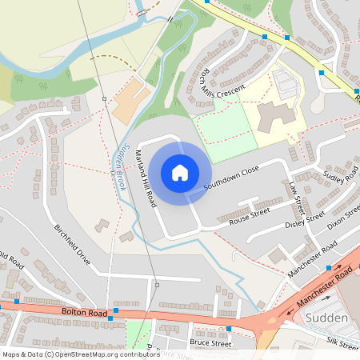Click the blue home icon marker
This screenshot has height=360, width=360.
click(x=180, y=173)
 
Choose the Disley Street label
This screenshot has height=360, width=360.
click(x=305, y=220)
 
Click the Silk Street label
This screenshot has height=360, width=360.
click(x=343, y=342)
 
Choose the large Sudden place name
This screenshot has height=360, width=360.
click(x=326, y=318)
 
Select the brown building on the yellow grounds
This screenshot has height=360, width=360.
click(x=276, y=116)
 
